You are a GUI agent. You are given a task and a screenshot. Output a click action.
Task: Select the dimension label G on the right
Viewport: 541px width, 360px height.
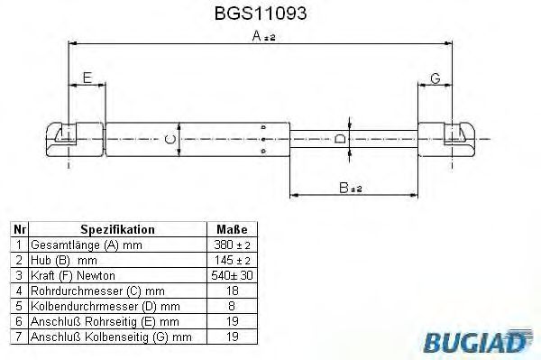click(435, 78)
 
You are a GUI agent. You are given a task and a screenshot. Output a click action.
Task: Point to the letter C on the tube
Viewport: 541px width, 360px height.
click(168, 139)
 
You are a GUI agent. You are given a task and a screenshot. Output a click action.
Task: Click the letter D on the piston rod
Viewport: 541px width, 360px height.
click(339, 139)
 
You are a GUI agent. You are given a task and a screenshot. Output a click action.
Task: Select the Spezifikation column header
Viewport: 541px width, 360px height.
click(117, 230)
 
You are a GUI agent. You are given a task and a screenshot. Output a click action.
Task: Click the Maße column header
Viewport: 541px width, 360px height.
click(233, 230)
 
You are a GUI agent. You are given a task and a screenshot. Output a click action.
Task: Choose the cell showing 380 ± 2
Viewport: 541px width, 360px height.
click(233, 245)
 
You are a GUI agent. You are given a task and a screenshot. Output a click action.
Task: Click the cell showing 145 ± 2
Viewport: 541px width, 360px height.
click(233, 260)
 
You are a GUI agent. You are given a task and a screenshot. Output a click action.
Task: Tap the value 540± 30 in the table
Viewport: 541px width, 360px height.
click(233, 274)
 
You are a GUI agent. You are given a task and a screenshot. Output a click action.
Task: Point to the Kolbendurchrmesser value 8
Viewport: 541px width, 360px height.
click(233, 305)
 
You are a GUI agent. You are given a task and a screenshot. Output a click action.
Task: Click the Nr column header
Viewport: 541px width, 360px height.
click(18, 230)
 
